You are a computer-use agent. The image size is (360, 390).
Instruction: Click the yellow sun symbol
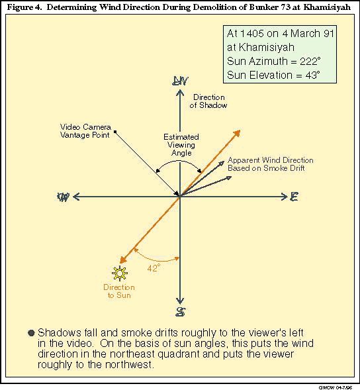pyautogui.click(x=120, y=273)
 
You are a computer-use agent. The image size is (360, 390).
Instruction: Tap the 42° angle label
pyautogui.click(x=154, y=268)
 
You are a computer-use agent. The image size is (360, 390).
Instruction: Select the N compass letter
pyautogui.click(x=180, y=81)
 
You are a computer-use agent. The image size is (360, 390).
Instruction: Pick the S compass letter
pyautogui.click(x=180, y=312)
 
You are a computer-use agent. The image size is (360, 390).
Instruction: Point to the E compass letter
pyautogui.click(x=294, y=197)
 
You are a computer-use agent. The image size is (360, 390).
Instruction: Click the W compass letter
pyautogui.click(x=63, y=197)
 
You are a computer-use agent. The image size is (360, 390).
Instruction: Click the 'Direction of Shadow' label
pyautogui.click(x=208, y=101)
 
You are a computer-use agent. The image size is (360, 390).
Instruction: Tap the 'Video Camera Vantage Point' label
pyautogui.click(x=85, y=131)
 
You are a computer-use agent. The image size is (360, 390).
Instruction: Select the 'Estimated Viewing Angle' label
pyautogui.click(x=181, y=145)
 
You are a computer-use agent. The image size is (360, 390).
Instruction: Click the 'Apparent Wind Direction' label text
pyautogui.click(x=271, y=160)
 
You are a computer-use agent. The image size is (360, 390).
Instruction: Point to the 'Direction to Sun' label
pyautogui.click(x=119, y=291)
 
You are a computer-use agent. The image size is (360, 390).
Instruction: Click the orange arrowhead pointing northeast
pyautogui.click(x=237, y=133)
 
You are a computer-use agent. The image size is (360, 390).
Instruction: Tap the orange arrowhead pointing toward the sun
pyautogui.click(x=123, y=260)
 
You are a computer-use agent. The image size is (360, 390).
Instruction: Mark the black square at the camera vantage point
pyautogui.click(x=115, y=132)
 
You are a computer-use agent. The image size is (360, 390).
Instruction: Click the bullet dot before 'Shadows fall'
pyautogui.click(x=31, y=333)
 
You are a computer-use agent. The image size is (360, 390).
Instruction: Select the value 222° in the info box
pyautogui.click(x=310, y=61)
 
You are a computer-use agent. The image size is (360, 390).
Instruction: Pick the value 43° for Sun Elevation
pyautogui.click(x=312, y=75)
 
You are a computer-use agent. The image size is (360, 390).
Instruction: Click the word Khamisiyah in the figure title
pyautogui.click(x=327, y=7)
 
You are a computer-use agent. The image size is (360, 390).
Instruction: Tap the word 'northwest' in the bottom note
pyautogui.click(x=128, y=365)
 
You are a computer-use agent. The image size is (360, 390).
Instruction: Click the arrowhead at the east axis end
pyautogui.click(x=285, y=197)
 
